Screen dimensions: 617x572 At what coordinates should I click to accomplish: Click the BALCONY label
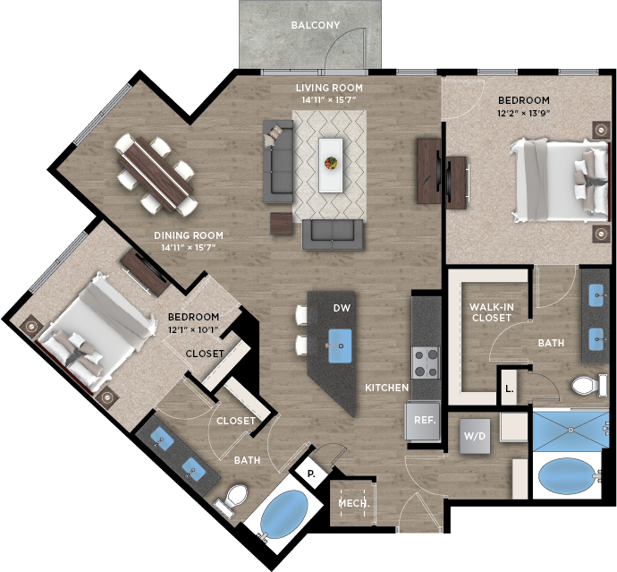pyautogui.click(x=315, y=25)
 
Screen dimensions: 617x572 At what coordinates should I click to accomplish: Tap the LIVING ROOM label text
pyautogui.click(x=329, y=88)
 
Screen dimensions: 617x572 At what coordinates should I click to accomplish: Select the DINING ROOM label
pyautogui.click(x=189, y=235)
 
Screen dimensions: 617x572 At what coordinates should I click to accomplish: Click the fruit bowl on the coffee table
pyautogui.click(x=331, y=162)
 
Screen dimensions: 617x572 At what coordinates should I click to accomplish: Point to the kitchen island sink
pyautogui.click(x=340, y=346)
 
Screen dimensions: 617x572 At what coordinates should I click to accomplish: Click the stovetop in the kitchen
pyautogui.click(x=426, y=363)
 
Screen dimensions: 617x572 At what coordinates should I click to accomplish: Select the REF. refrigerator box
pyautogui.click(x=424, y=421)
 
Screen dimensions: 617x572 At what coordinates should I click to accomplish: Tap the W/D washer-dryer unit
pyautogui.click(x=475, y=436)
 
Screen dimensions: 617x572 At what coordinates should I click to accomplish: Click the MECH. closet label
pyautogui.click(x=354, y=503)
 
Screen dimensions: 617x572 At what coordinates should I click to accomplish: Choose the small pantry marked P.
pyautogui.click(x=311, y=474)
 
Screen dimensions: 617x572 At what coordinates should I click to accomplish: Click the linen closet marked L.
pyautogui.click(x=510, y=388)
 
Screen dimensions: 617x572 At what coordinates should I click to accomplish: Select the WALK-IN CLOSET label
pyautogui.click(x=492, y=312)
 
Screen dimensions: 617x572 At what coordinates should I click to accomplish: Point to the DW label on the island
pyautogui.click(x=342, y=308)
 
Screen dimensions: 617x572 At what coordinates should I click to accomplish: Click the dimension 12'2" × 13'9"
pyautogui.click(x=523, y=113)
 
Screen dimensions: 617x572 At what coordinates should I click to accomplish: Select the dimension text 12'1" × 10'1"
pyautogui.click(x=193, y=329)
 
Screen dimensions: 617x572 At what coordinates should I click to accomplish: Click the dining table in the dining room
pyautogui.click(x=156, y=175)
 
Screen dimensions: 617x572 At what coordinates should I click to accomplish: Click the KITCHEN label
pyautogui.click(x=387, y=388)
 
